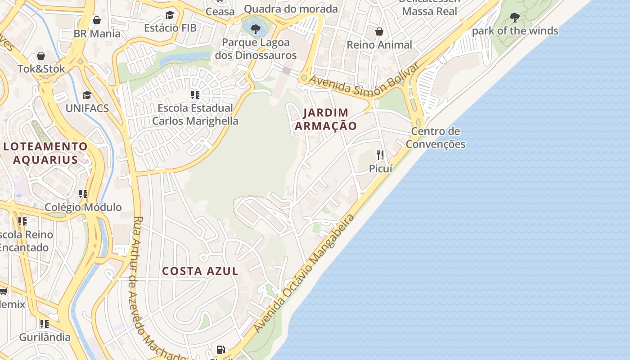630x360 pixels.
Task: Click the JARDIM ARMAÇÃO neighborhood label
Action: (326, 119)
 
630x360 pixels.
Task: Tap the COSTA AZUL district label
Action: (200, 271)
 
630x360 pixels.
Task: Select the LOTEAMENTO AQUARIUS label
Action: (45, 153)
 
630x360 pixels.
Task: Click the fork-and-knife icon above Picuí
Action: (380, 155)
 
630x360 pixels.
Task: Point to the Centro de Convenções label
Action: (435, 138)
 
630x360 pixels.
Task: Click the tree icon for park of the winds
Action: (514, 18)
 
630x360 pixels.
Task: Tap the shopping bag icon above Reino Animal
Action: (379, 31)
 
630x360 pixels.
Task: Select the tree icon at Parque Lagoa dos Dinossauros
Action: (255, 29)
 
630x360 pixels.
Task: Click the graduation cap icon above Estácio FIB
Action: (170, 15)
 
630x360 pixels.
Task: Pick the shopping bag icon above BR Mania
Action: (96, 20)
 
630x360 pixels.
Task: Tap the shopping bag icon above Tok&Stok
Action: (41, 56)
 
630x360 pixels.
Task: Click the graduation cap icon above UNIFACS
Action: (87, 95)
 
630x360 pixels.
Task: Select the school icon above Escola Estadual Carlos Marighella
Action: (195, 95)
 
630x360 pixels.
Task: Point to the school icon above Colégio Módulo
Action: (83, 194)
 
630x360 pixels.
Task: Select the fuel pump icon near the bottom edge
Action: (220, 349)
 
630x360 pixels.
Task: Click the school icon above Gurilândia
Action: (44, 324)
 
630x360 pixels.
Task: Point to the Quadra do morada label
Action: (291, 9)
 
